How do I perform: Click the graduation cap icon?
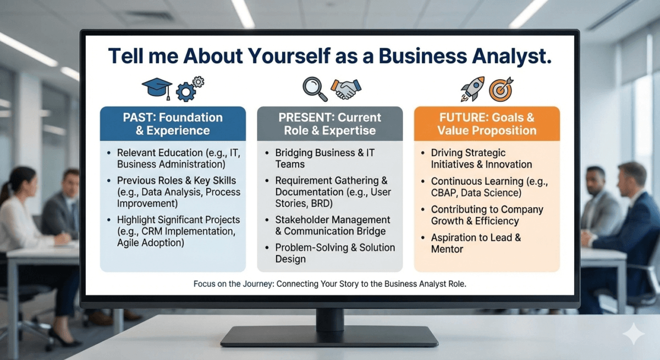[x=157, y=87]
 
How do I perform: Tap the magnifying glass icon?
[x=315, y=88]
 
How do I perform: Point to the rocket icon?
[x=472, y=88]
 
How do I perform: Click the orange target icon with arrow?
[x=501, y=88]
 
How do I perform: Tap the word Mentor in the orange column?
[x=447, y=249]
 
